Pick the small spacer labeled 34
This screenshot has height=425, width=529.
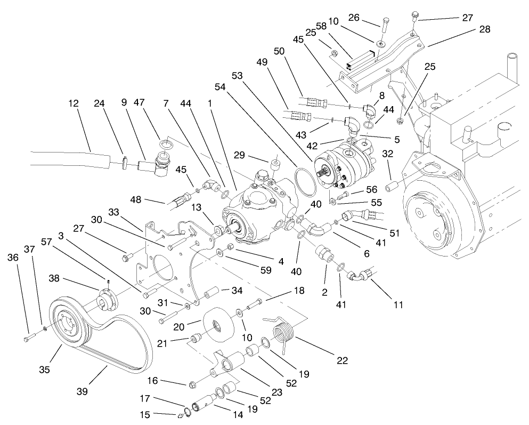[210, 293]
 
